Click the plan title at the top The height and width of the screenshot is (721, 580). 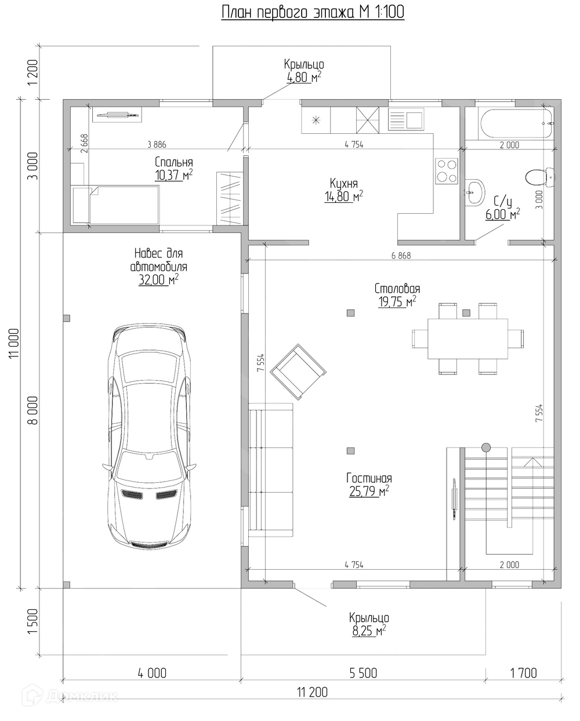tap(313, 12)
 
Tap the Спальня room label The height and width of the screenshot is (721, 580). tap(173, 162)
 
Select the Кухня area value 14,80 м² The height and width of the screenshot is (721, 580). tap(343, 196)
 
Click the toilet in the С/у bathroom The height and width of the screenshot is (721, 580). tap(540, 177)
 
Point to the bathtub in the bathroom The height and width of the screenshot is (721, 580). tap(516, 123)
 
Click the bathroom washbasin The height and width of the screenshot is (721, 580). tap(474, 191)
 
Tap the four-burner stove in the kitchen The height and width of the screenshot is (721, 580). tap(447, 171)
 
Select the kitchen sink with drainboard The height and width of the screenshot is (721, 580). tap(406, 119)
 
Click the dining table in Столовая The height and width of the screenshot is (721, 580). tap(467, 338)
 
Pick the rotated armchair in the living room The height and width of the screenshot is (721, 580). tap(298, 372)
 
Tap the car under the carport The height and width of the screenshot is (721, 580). tap(150, 435)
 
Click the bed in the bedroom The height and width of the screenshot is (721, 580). tap(116, 205)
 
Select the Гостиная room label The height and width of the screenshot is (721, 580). tap(369, 478)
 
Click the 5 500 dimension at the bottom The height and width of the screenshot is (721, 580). tap(363, 673)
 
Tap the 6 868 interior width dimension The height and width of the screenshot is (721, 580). tap(401, 256)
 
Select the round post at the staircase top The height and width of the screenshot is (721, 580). tap(486, 447)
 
